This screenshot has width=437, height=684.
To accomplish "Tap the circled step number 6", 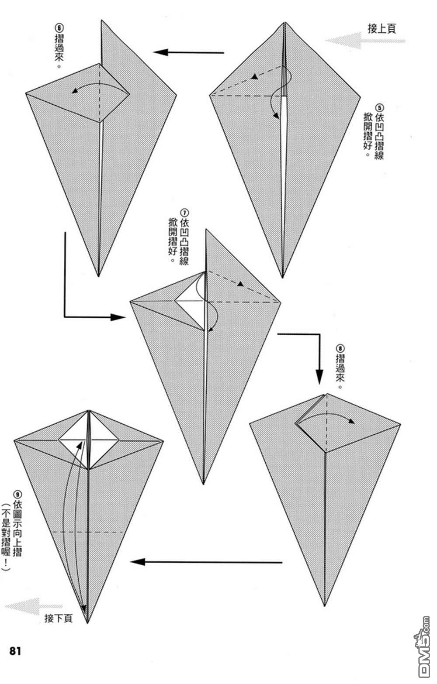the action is tap(59, 28).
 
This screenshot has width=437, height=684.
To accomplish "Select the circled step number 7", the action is tap(184, 213).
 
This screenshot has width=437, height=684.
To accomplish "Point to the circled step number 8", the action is tap(340, 348).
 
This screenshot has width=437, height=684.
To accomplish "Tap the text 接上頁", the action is tap(382, 29).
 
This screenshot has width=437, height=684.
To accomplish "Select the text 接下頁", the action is tap(59, 618).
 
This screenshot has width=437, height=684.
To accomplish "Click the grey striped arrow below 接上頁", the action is tap(365, 41).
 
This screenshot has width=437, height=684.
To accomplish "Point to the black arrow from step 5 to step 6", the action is tap(188, 52).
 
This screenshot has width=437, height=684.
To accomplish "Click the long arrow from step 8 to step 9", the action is tap(206, 561).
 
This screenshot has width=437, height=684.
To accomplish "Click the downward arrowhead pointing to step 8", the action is tap(319, 377).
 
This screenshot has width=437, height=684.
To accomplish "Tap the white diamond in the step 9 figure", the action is tap(88, 440).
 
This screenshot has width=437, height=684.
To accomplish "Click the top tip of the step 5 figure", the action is tap(285, 23).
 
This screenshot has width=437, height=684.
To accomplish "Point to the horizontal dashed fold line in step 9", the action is tap(88, 532).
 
